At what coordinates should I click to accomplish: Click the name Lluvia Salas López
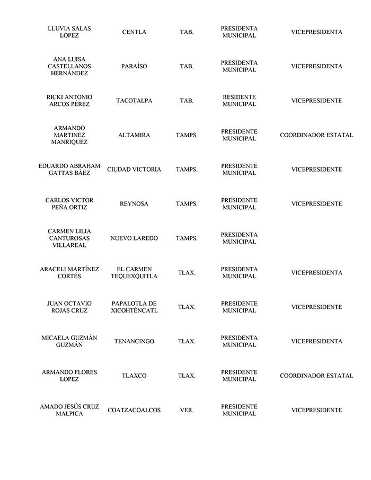69,32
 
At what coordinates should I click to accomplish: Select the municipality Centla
134,32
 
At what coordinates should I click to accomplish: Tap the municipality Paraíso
134,66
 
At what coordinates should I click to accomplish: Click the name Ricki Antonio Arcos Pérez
69,101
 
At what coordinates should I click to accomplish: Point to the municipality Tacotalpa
134,101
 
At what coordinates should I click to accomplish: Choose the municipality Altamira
134,135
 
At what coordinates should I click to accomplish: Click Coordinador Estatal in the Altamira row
316,135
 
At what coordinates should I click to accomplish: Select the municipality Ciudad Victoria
134,170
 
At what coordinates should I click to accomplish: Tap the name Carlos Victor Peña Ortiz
69,204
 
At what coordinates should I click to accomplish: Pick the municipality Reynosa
134,204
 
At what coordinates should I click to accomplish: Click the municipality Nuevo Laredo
134,238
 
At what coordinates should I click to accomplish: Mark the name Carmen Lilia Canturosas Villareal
69,238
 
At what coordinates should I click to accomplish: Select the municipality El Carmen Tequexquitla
134,273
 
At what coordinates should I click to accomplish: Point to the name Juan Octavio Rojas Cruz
69,307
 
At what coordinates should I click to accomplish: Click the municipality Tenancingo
134,342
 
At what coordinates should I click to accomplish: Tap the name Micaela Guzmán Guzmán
69,342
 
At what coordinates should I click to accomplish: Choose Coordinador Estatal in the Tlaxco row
316,376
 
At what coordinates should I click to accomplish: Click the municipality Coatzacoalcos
134,410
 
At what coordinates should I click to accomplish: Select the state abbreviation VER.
187,410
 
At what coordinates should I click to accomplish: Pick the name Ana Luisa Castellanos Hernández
69,66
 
